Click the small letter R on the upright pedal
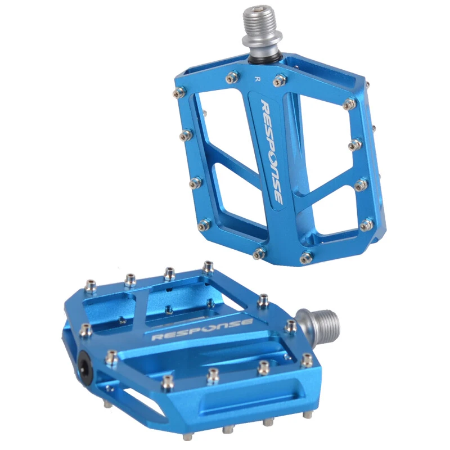(256, 79)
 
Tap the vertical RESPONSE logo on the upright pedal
(271, 152)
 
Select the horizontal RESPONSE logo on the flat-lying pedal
(202, 328)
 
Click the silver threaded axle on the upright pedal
(256, 31)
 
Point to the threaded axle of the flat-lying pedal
(319, 323)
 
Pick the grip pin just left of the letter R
(232, 77)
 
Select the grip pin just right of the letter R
(279, 80)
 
